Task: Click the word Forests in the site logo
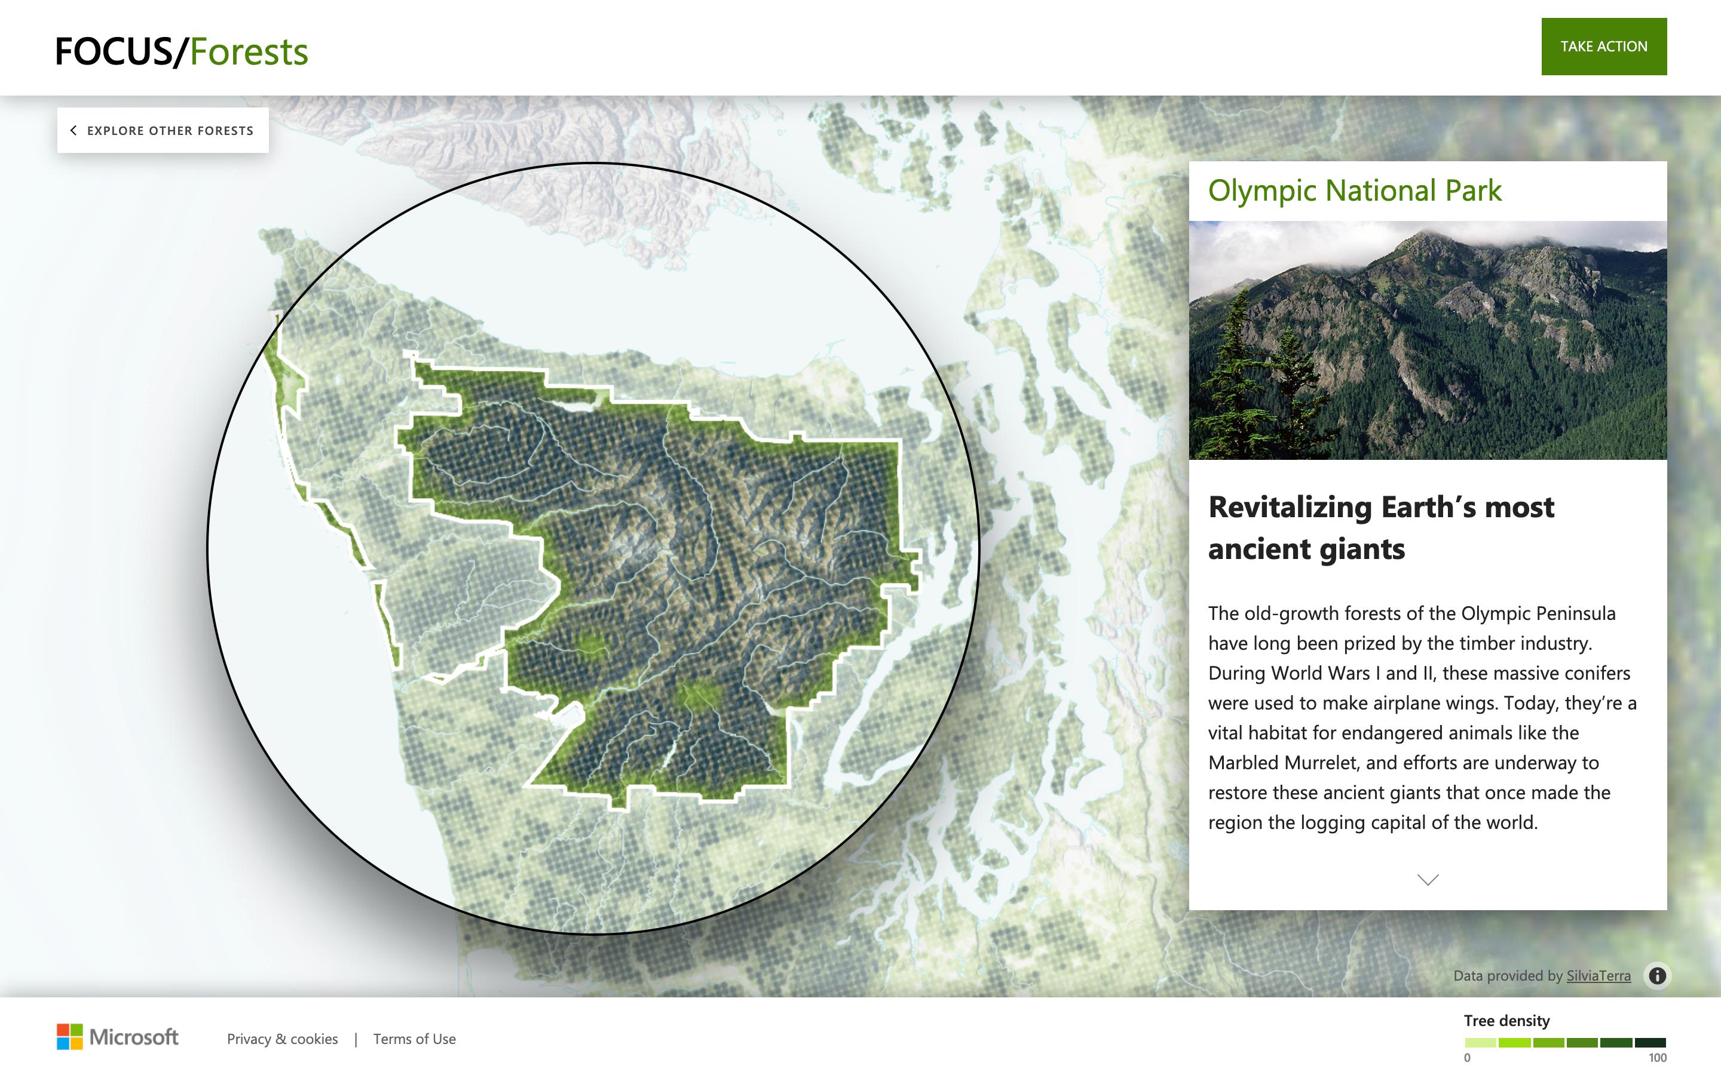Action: pos(249,52)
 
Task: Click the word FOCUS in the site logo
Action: pos(114,52)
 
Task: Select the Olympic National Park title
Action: pos(1354,191)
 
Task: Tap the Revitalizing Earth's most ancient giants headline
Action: pos(1380,527)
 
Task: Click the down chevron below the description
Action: pos(1427,880)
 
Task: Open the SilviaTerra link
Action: pos(1598,975)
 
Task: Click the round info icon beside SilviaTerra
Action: pos(1657,975)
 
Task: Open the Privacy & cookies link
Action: pos(282,1039)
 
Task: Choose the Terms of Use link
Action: pos(414,1039)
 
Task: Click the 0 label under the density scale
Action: pos(1467,1058)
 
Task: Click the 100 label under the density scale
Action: pos(1657,1058)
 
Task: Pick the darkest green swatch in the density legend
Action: pos(1650,1042)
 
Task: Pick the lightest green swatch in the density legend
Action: pos(1480,1042)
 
